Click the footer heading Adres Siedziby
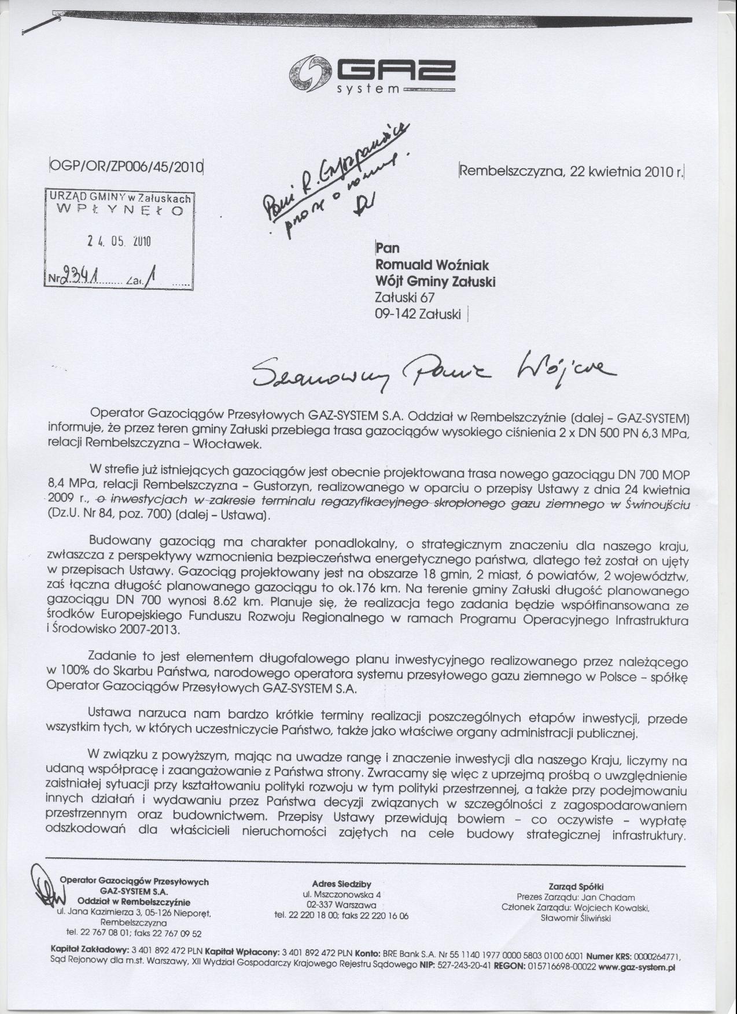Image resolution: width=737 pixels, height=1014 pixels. point(341,900)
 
